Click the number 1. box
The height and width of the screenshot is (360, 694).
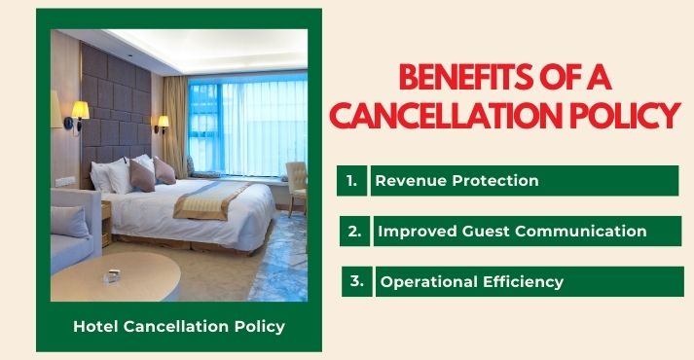pyautogui.click(x=351, y=180)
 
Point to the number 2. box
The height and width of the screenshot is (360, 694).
pyautogui.click(x=354, y=231)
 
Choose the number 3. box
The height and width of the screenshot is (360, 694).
pyautogui.click(x=356, y=281)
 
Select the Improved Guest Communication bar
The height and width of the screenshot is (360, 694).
pyautogui.click(x=512, y=231)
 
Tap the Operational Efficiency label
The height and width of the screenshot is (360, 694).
pyautogui.click(x=472, y=282)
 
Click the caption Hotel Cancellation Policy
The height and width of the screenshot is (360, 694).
pyautogui.click(x=179, y=326)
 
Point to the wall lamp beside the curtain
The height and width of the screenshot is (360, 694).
pyautogui.click(x=162, y=124)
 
